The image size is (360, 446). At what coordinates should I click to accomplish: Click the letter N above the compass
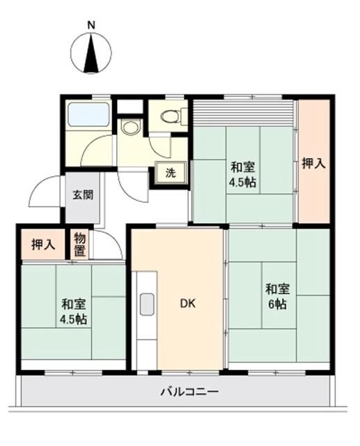click(91, 25)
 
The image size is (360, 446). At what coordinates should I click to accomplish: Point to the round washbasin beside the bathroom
click(130, 128)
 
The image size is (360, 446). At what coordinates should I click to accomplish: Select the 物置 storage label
click(79, 245)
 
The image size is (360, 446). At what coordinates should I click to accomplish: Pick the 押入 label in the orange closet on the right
click(313, 164)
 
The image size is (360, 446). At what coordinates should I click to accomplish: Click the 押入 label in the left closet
click(43, 245)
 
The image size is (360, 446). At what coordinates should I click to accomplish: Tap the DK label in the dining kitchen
click(188, 304)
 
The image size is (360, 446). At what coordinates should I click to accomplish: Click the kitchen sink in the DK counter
click(147, 305)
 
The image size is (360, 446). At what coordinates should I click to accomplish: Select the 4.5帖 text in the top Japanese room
click(243, 183)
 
